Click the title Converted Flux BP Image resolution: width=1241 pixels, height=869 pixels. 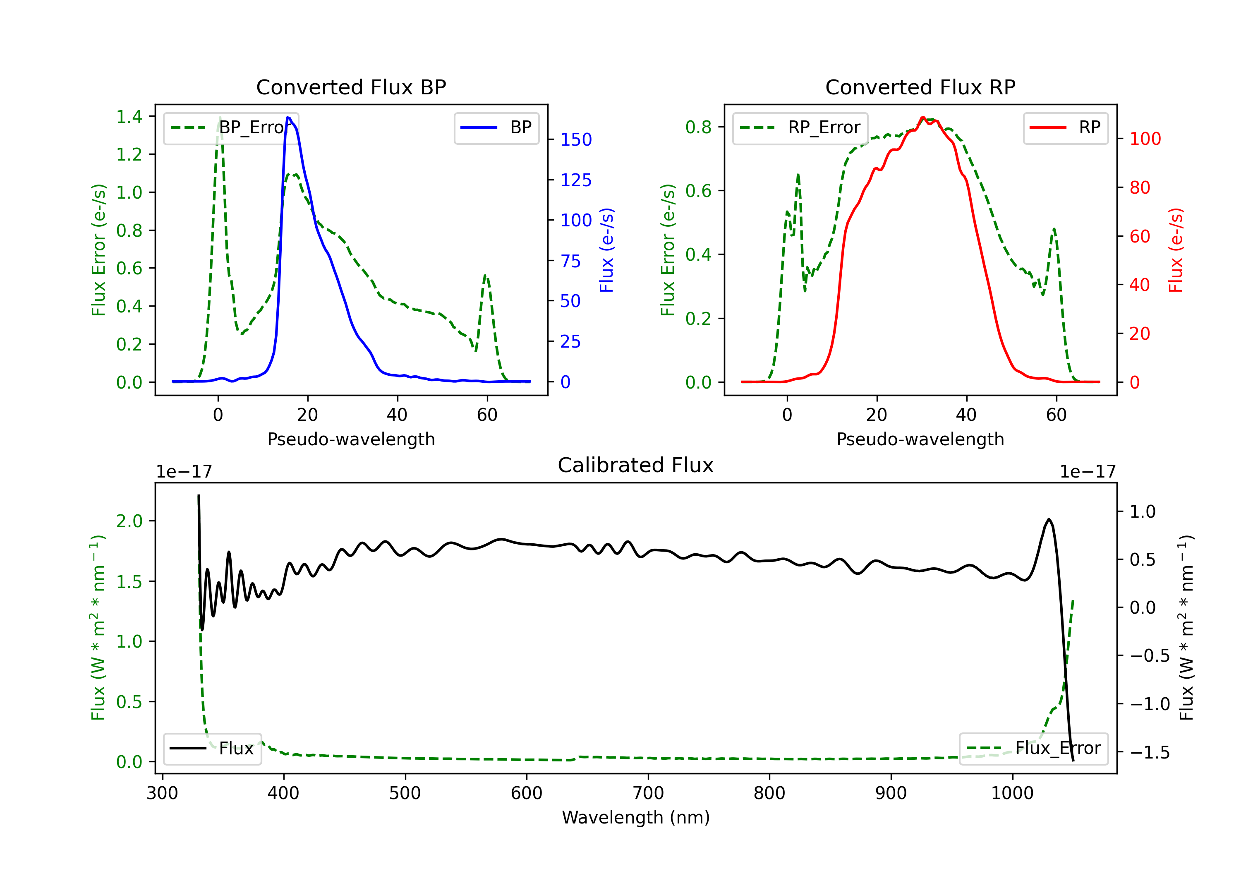pyautogui.click(x=351, y=87)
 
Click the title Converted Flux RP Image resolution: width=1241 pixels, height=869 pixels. pyautogui.click(x=920, y=87)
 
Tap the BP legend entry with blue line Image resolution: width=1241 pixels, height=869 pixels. pyautogui.click(x=497, y=127)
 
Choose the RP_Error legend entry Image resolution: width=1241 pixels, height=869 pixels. pyautogui.click(x=800, y=127)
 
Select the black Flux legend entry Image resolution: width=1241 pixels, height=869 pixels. pyautogui.click(x=213, y=749)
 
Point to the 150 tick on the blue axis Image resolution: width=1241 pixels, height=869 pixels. pyautogui.click(x=576, y=139)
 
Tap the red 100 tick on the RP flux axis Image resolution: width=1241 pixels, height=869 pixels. pyautogui.click(x=1145, y=139)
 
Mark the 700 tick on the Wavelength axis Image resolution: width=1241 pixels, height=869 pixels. pyautogui.click(x=648, y=793)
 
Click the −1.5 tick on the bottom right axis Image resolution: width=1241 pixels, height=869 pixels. pyautogui.click(x=1149, y=752)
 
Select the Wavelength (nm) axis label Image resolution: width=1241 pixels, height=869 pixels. pyautogui.click(x=636, y=817)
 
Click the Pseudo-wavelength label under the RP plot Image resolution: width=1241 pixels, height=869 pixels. pyautogui.click(x=920, y=439)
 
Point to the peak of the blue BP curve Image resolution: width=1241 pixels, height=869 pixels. pyautogui.click(x=288, y=118)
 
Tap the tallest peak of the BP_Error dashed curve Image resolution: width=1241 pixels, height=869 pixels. pyautogui.click(x=219, y=118)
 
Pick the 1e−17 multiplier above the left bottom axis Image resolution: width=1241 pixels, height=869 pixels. pyautogui.click(x=184, y=472)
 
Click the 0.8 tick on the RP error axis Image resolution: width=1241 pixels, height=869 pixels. pyautogui.click(x=698, y=127)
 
